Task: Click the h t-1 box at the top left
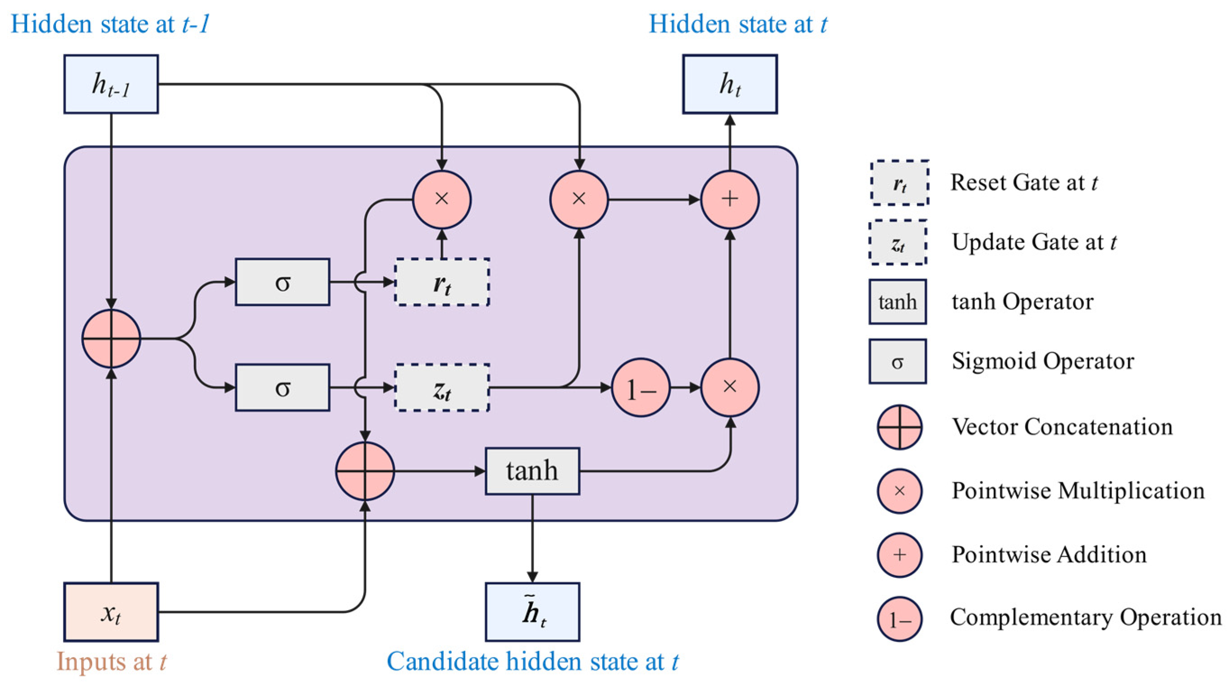coord(111,84)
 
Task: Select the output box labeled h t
coord(730,84)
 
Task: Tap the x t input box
coord(111,612)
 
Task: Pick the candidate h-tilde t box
coord(532,612)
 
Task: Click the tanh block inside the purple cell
coord(532,471)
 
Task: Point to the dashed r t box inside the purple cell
coord(442,282)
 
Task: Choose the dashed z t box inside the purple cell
coord(442,388)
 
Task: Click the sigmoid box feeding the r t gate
coord(283,282)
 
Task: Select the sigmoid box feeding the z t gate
coord(283,388)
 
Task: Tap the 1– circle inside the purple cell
coord(641,388)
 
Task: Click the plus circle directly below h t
coord(730,199)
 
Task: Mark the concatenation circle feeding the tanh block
coord(365,471)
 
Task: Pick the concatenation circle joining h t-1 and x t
coord(111,338)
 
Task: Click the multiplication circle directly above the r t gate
coord(442,199)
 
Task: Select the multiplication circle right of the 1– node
coord(730,388)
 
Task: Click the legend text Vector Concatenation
coord(1062,426)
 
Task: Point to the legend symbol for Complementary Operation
coord(900,619)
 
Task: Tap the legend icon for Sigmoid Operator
coord(898,361)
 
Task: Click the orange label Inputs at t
coord(111,662)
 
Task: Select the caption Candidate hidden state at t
coord(533,662)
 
